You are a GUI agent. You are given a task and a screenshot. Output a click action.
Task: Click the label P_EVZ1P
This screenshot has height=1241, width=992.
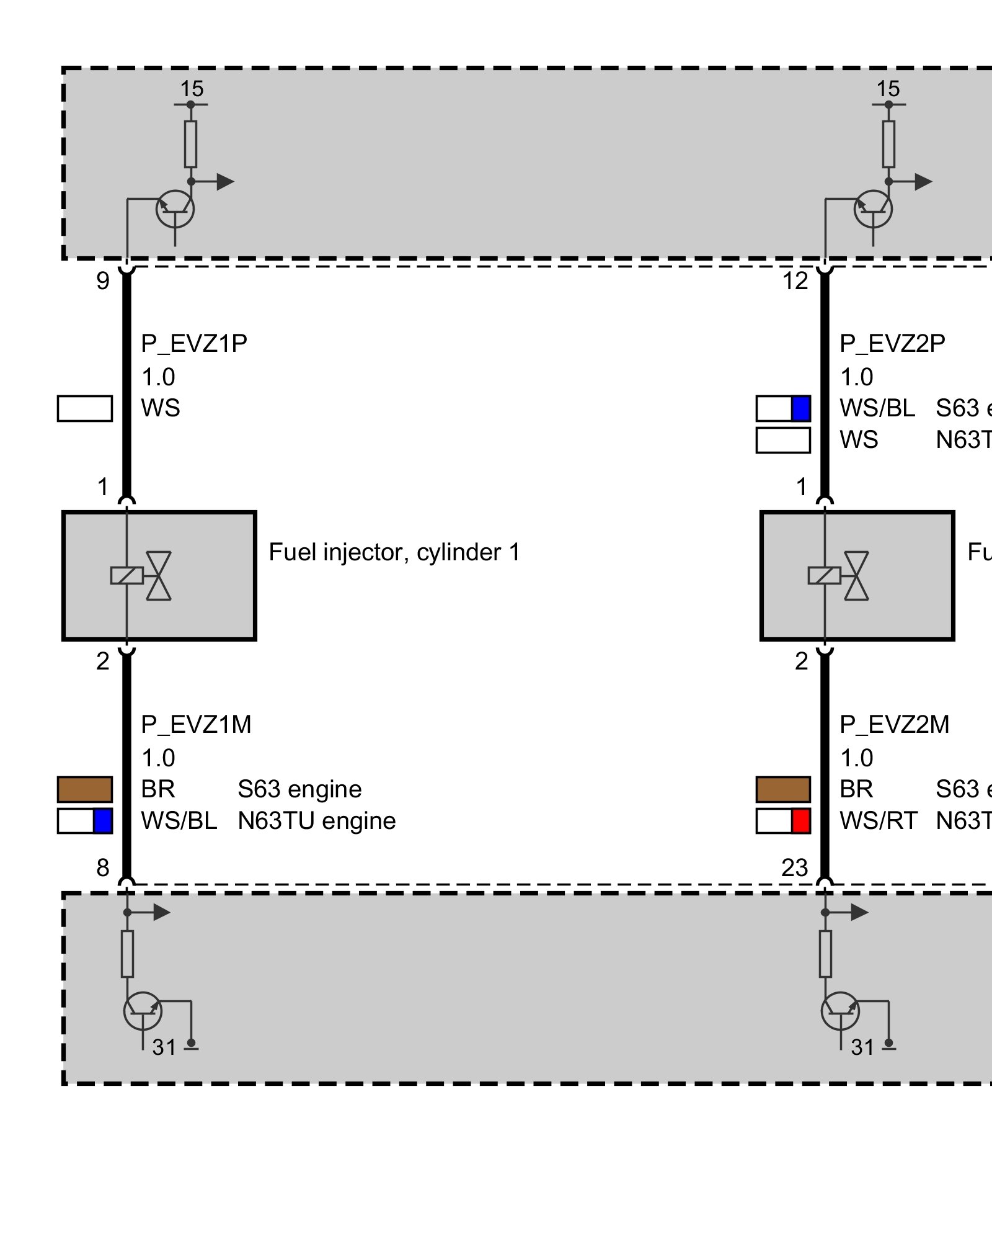[x=194, y=344]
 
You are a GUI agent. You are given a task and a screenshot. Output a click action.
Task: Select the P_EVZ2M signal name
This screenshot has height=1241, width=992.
[x=894, y=725]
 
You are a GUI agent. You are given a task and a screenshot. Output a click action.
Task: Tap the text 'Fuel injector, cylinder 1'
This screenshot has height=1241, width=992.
[x=394, y=552]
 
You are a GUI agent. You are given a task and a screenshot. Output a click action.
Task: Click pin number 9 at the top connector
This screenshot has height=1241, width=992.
[x=103, y=281]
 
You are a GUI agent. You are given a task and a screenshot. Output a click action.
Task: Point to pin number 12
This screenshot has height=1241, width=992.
[x=795, y=281]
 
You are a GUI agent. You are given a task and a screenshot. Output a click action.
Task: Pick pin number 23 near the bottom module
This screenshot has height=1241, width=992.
[x=794, y=867]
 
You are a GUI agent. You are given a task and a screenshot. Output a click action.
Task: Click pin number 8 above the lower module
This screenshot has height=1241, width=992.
[x=103, y=867]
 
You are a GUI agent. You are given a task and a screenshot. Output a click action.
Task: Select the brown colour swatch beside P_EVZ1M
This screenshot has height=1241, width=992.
[x=85, y=789]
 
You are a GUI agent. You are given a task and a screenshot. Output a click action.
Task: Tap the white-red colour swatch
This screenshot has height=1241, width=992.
[x=783, y=821]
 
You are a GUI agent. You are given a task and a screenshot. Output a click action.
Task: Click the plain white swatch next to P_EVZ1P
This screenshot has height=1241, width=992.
[x=85, y=408]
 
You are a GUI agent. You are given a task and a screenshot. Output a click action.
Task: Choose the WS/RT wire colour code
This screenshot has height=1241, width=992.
[x=878, y=821]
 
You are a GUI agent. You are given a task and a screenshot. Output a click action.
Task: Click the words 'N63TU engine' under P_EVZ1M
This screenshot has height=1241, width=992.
[x=316, y=821]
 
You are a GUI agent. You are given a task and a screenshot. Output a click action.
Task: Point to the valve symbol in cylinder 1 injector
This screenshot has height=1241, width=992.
[x=159, y=576]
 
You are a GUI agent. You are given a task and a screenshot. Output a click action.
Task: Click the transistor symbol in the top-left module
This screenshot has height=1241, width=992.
[x=175, y=210]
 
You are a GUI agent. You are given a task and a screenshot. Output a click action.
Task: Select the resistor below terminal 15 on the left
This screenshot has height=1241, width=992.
[x=191, y=144]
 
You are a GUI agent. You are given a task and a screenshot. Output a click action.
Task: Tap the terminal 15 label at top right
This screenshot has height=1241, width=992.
[x=888, y=89]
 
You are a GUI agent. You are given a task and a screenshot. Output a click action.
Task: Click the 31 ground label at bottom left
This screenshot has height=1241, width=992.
[x=164, y=1047]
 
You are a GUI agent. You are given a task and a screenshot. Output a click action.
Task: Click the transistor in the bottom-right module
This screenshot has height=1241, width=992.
[x=840, y=1011]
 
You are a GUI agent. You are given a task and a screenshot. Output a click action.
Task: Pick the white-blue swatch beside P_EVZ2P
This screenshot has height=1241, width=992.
[x=783, y=408]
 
